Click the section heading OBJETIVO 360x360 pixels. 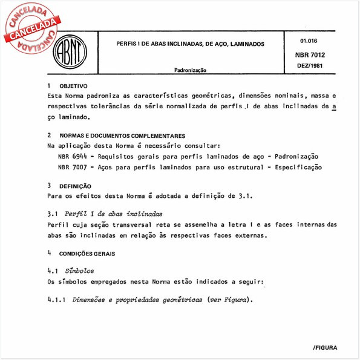coord(73,87)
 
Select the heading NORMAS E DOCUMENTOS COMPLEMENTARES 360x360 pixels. coord(122,136)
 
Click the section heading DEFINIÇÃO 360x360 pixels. coord(75,186)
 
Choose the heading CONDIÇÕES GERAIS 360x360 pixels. coord(87,254)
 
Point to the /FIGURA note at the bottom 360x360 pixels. coord(326,348)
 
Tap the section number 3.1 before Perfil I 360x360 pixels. coord(53,214)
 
